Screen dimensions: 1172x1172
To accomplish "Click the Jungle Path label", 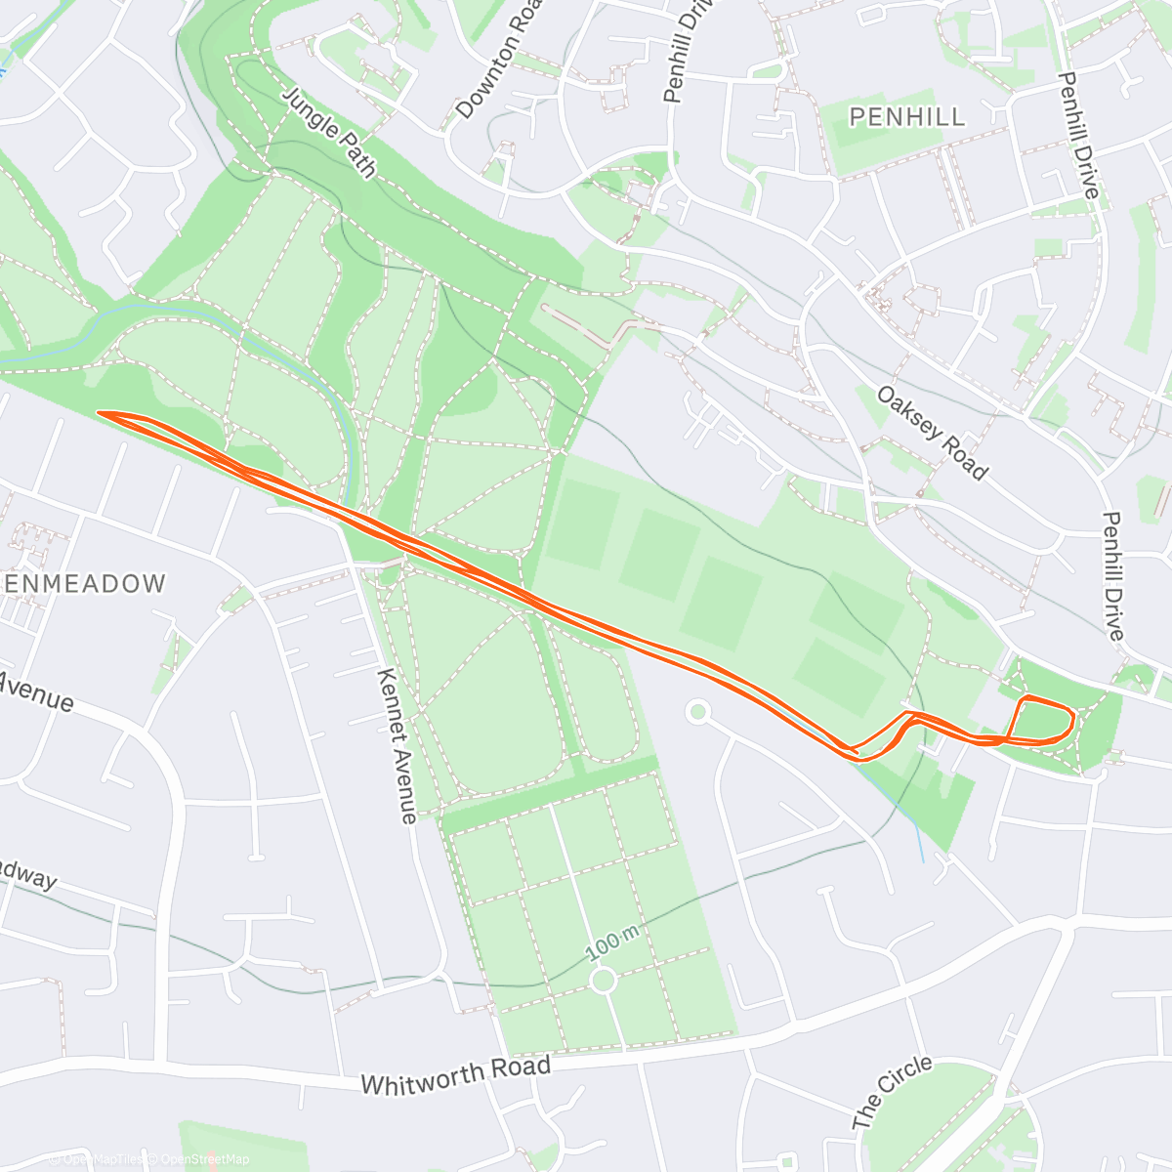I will pyautogui.click(x=329, y=133).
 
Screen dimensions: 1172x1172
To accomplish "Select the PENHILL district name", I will pyautogui.click(x=906, y=117).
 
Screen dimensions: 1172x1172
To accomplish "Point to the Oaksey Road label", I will pyautogui.click(x=932, y=433).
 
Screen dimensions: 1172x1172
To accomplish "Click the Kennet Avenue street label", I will pyautogui.click(x=398, y=745).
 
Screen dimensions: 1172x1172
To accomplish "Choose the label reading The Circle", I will pyautogui.click(x=892, y=1092).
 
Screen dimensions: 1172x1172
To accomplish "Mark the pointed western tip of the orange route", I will pyautogui.click(x=101, y=413).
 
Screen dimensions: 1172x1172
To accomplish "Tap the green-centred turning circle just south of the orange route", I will pyautogui.click(x=696, y=712).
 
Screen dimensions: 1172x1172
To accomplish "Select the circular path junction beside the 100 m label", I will pyautogui.click(x=603, y=979).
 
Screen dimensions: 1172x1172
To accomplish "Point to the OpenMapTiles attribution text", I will pyautogui.click(x=103, y=1159).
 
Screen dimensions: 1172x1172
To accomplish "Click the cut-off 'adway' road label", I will pyautogui.click(x=27, y=875).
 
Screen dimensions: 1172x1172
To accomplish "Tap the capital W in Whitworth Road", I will pyautogui.click(x=372, y=1084).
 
